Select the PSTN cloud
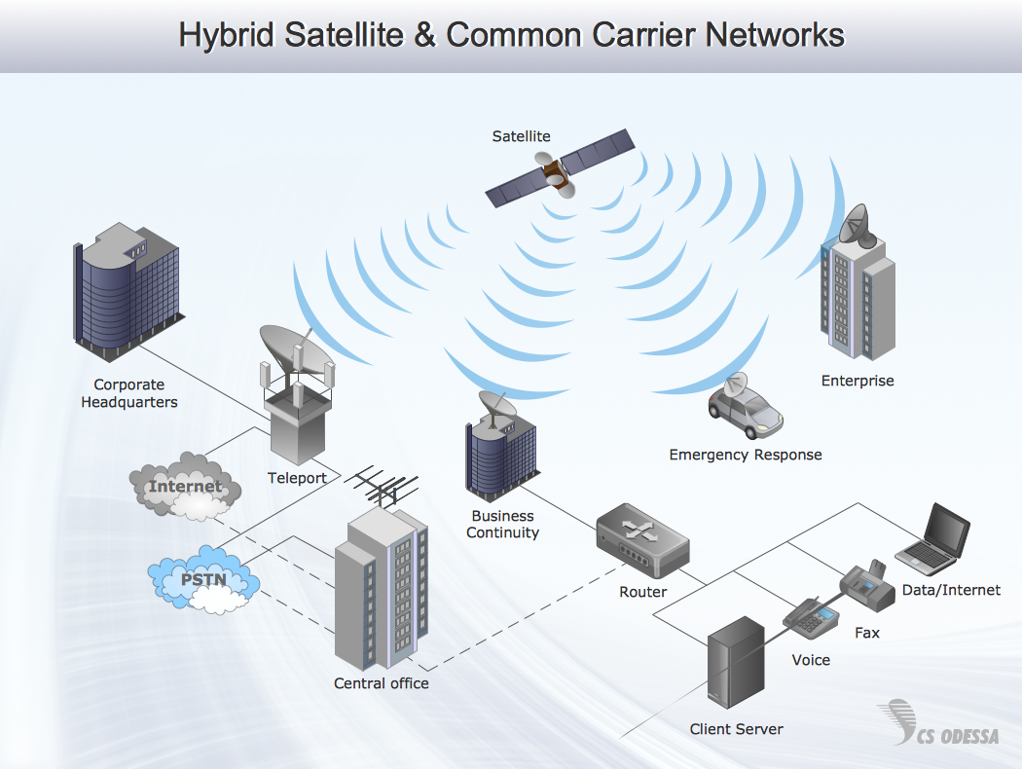tap(204, 581)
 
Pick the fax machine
tap(867, 586)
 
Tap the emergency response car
tap(746, 408)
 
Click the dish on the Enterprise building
tap(854, 226)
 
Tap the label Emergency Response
tap(746, 455)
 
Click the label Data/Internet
tap(951, 590)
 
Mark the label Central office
tap(382, 683)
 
